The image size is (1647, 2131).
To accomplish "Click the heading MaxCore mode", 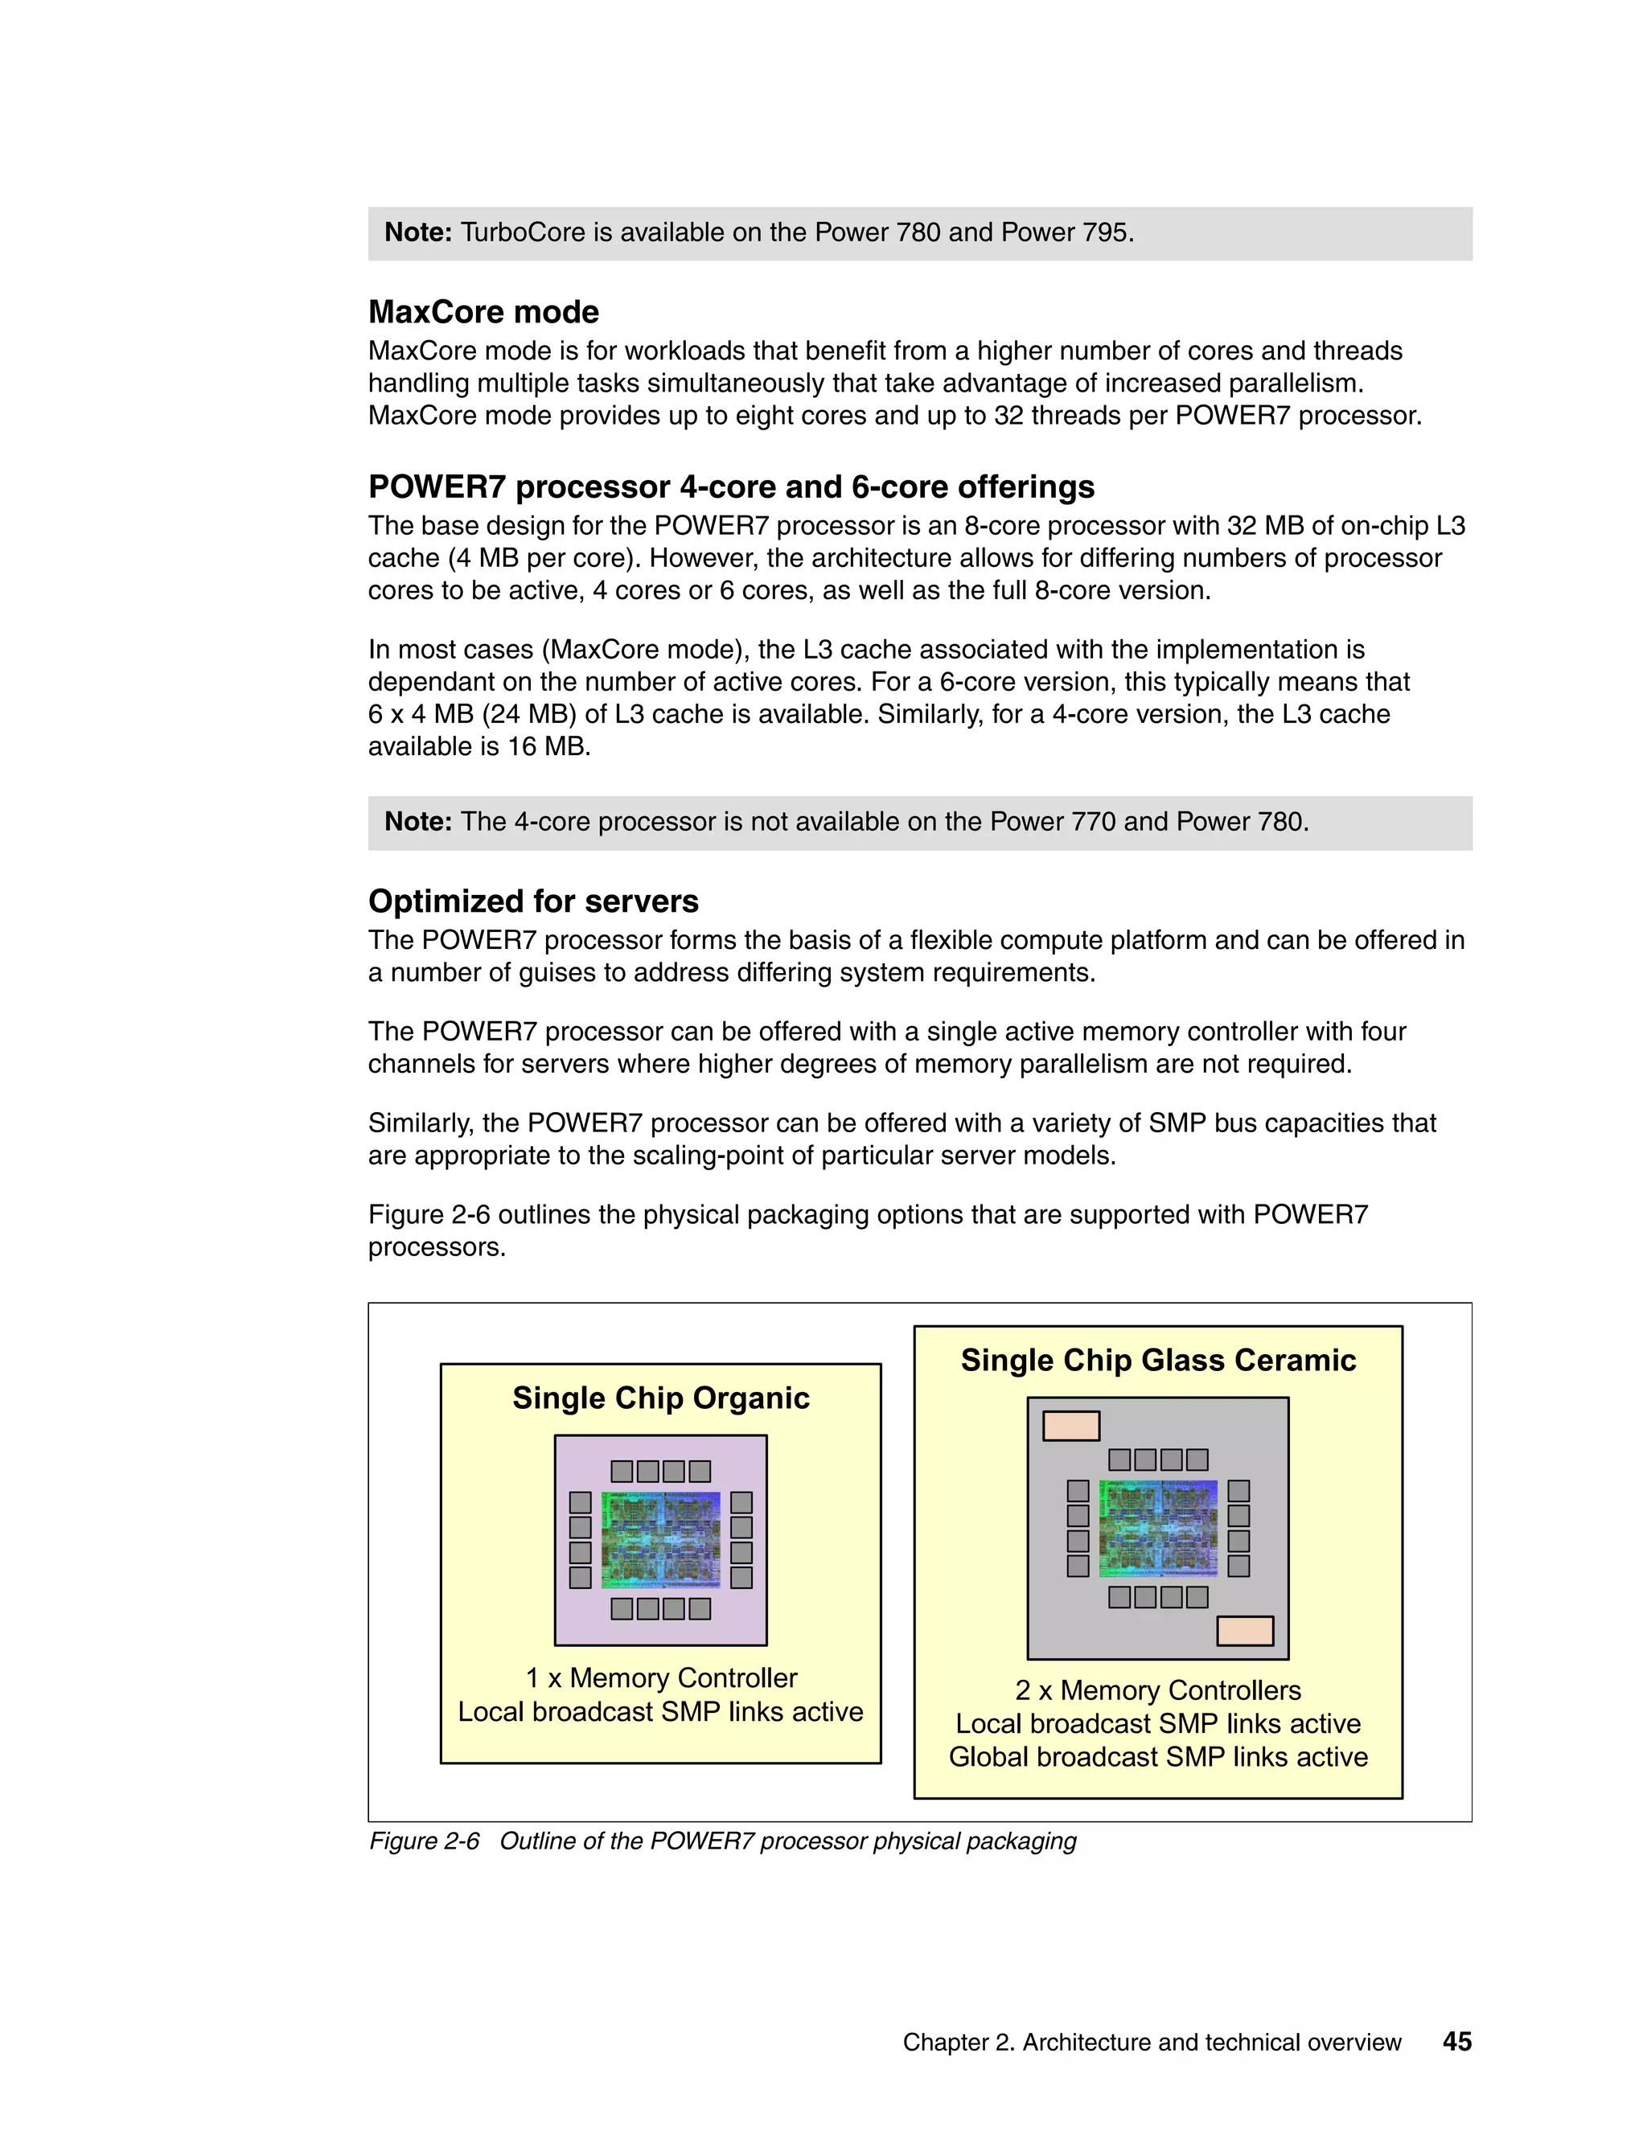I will point(483,312).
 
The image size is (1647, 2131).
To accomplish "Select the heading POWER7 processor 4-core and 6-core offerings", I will point(731,487).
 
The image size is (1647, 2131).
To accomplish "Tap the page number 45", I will point(1456,2041).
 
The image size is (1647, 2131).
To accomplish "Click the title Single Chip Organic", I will point(660,1398).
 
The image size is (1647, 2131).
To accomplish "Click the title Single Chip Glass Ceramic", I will point(1158,1360).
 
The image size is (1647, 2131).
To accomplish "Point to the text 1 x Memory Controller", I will point(660,1677).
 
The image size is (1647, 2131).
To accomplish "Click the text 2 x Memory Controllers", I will point(1158,1690).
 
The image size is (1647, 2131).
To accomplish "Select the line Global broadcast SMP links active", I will point(1158,1756).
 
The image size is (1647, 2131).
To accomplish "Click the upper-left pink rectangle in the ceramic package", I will point(1070,1426).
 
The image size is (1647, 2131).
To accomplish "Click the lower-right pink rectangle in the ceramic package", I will point(1245,1631).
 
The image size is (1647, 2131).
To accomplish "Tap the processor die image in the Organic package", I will point(660,1540).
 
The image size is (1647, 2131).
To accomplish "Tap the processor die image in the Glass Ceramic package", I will point(1158,1528).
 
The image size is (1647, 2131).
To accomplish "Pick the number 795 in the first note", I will point(1103,233).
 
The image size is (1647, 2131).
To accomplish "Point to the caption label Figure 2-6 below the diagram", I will point(425,1842).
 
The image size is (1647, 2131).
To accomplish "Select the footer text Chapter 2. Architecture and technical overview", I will point(1152,2043).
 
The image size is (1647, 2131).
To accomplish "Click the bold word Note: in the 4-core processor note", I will point(417,823).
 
